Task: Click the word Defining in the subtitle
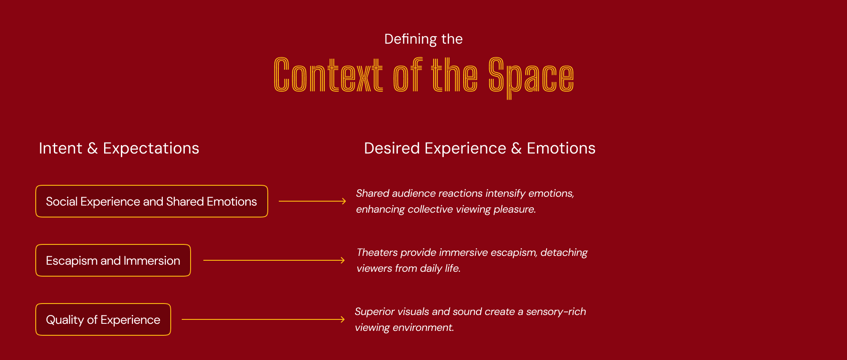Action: (x=410, y=39)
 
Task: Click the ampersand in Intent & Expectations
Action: (x=93, y=149)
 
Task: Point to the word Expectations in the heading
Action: (x=151, y=149)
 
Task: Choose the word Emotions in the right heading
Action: (x=561, y=149)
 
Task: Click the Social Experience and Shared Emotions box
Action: (x=151, y=202)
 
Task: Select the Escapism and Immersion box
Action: (x=113, y=261)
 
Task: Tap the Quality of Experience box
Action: (x=103, y=320)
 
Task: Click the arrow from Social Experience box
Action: (x=312, y=201)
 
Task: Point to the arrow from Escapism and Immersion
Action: (x=274, y=260)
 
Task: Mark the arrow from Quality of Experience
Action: (x=263, y=319)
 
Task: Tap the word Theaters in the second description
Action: (x=377, y=253)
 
